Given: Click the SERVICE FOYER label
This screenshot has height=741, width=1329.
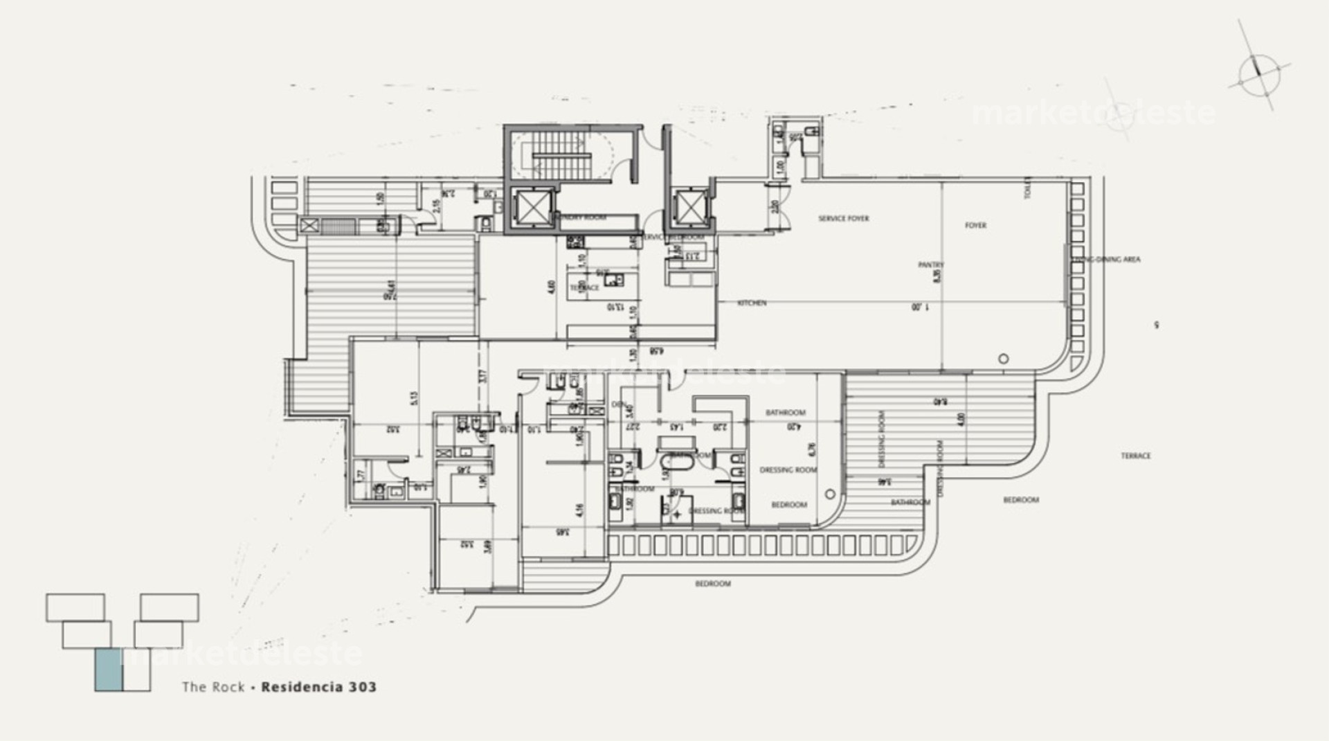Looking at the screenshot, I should [x=843, y=218].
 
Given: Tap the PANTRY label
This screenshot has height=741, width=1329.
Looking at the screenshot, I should [x=931, y=265].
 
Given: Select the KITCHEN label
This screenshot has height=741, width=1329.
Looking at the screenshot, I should [x=752, y=303].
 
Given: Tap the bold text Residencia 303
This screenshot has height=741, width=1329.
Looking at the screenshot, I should [x=318, y=687].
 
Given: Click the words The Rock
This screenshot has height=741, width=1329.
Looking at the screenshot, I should [x=213, y=687].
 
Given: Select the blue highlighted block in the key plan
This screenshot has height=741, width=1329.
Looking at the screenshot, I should [x=108, y=670].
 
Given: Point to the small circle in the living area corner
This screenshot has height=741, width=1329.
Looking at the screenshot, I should [x=1004, y=359].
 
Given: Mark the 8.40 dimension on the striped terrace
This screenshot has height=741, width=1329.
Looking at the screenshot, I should [x=939, y=401].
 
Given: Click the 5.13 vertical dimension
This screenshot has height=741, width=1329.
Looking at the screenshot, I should [x=414, y=398].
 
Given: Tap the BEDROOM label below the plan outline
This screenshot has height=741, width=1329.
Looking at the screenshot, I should [x=712, y=584].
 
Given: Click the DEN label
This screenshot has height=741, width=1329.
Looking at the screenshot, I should [x=617, y=404].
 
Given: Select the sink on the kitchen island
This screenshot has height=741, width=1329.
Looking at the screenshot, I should [x=613, y=279].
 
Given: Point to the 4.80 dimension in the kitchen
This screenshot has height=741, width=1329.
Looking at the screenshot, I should [x=552, y=286].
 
